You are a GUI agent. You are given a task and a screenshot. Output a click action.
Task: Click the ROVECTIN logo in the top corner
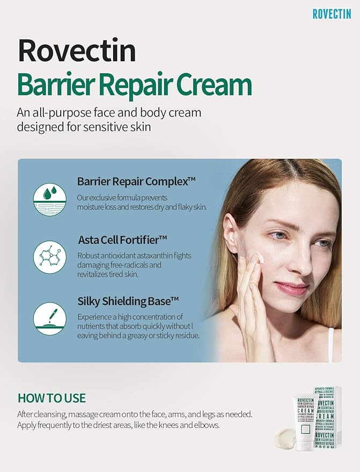(x=332, y=13)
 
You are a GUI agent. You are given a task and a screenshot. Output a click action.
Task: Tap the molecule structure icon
(x=49, y=257)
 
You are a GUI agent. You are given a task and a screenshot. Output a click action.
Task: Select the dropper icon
(x=49, y=318)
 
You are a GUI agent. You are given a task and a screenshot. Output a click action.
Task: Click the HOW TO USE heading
(x=52, y=398)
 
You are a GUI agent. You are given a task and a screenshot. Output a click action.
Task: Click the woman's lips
(x=292, y=289)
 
